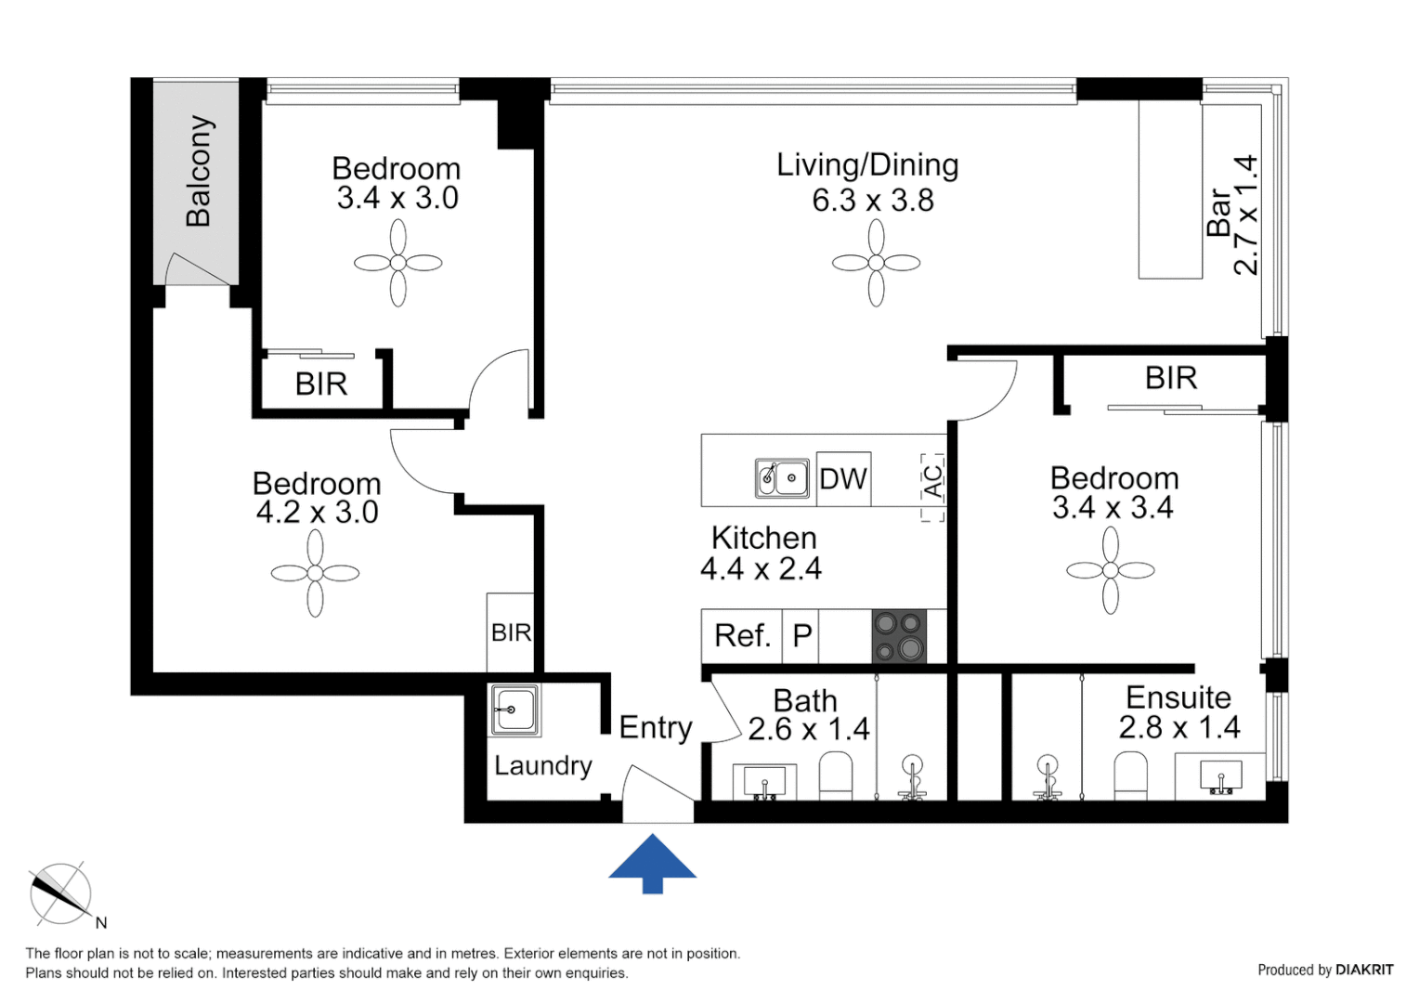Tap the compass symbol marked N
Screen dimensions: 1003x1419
point(61,894)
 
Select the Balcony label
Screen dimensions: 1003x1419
point(199,171)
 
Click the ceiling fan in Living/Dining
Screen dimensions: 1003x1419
point(876,263)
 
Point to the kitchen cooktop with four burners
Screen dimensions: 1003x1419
point(899,636)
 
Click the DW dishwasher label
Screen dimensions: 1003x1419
point(843,479)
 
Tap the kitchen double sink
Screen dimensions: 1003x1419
point(781,478)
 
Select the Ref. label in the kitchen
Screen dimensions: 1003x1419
point(742,636)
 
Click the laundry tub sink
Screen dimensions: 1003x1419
point(514,710)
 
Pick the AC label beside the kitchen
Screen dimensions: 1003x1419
point(932,481)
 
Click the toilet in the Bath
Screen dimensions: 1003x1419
point(836,776)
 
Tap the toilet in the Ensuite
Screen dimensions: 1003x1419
point(1130,776)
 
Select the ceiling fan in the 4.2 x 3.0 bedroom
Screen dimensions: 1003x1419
point(315,573)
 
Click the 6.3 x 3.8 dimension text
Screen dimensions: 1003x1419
point(873,201)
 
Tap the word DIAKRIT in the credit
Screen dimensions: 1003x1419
point(1364,970)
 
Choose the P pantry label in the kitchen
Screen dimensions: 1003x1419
point(802,636)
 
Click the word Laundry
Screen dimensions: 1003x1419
point(542,765)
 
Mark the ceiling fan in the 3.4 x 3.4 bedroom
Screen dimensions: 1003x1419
point(1111,570)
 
